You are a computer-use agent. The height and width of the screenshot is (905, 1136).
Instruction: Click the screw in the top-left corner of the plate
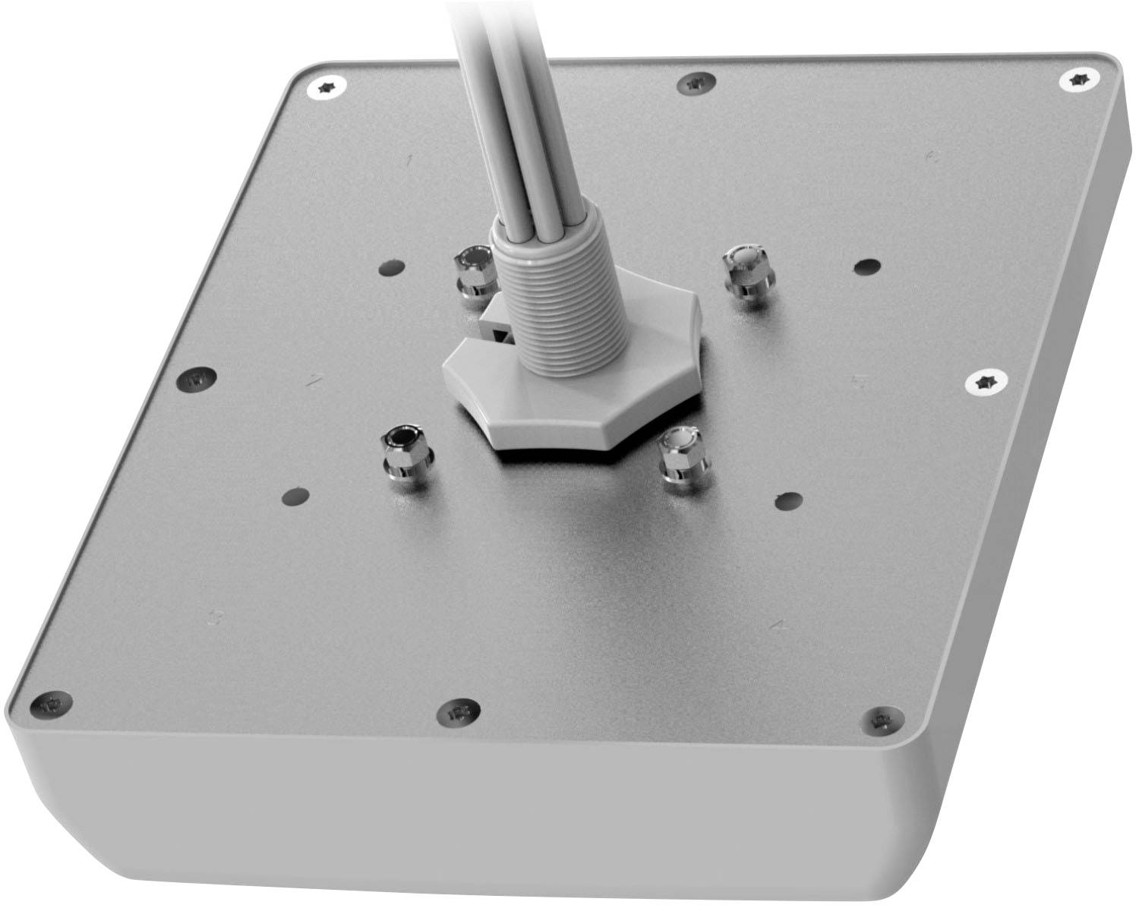328,88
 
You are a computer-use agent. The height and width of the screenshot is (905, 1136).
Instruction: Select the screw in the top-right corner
1078,78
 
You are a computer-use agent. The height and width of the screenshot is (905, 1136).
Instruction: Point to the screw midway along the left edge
197,378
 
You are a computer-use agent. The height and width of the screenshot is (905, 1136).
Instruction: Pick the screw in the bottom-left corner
52,705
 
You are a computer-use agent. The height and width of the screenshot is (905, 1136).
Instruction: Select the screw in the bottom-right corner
881,719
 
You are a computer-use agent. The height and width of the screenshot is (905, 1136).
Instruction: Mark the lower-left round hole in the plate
295,497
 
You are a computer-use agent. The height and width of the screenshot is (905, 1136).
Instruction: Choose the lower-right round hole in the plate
789,501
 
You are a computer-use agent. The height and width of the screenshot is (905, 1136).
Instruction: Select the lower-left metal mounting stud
406,453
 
